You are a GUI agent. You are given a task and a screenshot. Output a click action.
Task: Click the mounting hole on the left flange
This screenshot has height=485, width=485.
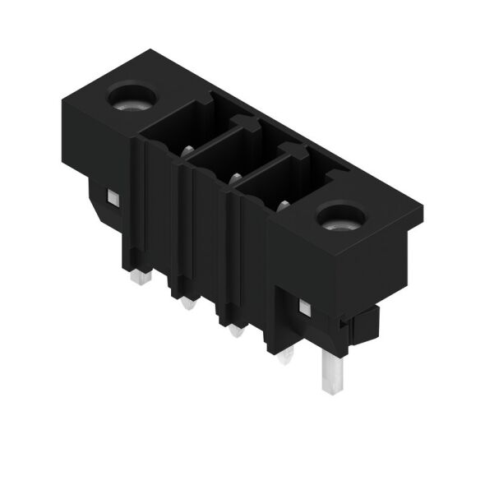(x=132, y=99)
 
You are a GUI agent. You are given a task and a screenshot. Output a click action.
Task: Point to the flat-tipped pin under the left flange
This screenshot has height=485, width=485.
(x=140, y=278)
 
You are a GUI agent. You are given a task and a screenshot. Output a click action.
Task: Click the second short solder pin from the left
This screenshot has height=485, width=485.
(x=187, y=305)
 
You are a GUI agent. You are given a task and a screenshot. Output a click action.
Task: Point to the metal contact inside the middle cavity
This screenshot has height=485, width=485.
(x=235, y=177)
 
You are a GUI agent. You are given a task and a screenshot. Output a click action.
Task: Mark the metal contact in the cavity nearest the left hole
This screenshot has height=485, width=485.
(x=188, y=150)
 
